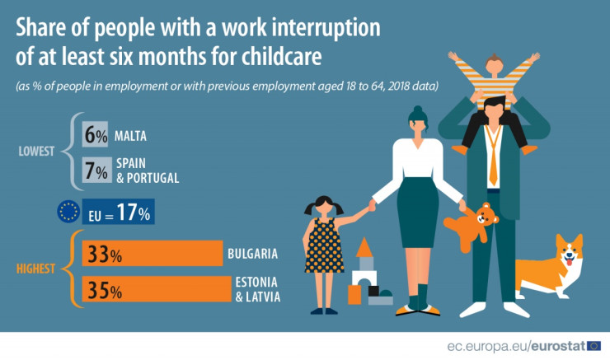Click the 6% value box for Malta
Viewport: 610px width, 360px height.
tap(95, 134)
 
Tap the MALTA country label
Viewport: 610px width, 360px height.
tap(131, 136)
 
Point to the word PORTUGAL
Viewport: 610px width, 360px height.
tap(152, 178)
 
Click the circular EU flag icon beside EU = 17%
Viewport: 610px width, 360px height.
tap(68, 212)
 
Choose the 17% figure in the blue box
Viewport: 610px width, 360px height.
tap(134, 213)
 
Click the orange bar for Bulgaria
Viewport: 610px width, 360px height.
tap(152, 253)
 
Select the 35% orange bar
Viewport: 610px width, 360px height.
tap(157, 289)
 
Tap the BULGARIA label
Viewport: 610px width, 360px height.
tap(253, 254)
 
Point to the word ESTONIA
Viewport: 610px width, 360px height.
tap(256, 283)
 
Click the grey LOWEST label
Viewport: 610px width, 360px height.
tap(36, 152)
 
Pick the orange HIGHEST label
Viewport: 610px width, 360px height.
tap(35, 269)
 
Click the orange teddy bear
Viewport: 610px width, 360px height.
tap(472, 227)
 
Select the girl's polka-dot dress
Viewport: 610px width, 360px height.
tap(324, 245)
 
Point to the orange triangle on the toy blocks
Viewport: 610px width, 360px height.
tap(364, 247)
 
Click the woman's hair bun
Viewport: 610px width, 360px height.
tap(418, 110)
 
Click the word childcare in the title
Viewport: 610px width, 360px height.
tap(282, 57)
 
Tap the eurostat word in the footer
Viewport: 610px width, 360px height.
tap(558, 346)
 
